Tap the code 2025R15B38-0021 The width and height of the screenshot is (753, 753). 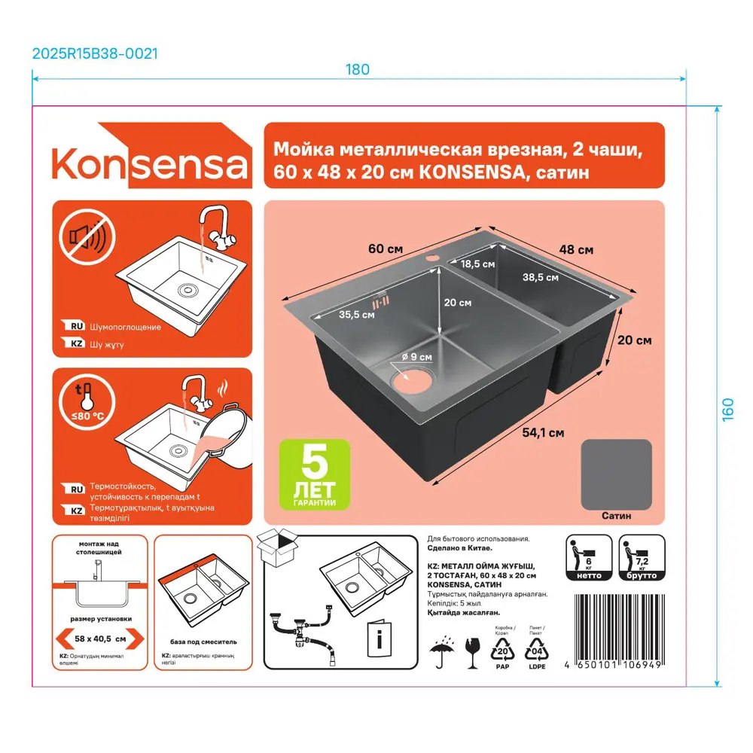[x=95, y=53]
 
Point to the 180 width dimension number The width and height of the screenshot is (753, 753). [x=358, y=69]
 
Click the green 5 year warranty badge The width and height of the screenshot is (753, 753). [x=315, y=474]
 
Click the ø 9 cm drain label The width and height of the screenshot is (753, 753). [x=416, y=356]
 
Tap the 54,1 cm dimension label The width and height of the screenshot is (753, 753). [x=543, y=432]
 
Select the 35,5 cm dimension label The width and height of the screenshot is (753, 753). [x=356, y=315]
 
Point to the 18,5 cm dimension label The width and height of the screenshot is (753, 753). [x=477, y=264]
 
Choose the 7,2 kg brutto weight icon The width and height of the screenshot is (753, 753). [x=641, y=558]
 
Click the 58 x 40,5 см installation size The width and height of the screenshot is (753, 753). [x=90, y=638]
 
